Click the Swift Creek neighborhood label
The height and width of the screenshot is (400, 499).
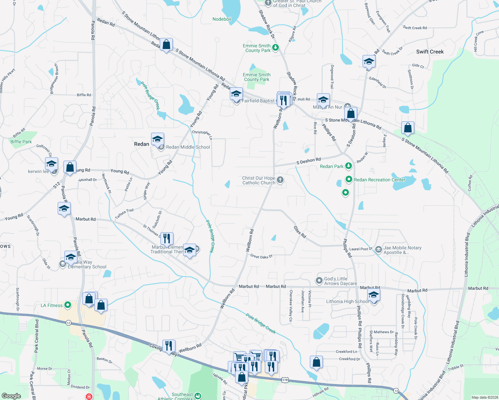(430, 52)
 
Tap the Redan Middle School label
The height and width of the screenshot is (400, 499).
(188, 147)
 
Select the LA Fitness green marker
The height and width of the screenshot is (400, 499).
(68, 305)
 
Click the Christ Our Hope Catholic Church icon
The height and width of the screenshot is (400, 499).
(280, 180)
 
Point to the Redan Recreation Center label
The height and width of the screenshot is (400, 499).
(379, 180)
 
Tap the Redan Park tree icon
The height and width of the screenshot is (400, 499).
(349, 166)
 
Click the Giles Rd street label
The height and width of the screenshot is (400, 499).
(300, 232)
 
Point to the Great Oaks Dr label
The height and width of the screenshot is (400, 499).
(262, 256)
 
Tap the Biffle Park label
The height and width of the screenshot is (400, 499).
(21, 142)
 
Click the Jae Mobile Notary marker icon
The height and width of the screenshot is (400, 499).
(378, 249)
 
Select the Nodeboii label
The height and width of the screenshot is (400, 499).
(222, 19)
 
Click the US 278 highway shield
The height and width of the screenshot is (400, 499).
(285, 380)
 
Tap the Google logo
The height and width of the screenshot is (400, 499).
(11, 396)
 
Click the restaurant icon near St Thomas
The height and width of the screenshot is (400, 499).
(167, 239)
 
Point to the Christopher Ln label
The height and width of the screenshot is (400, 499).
(202, 134)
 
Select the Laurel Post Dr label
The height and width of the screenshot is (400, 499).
(360, 249)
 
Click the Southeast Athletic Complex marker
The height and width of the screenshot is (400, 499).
(198, 396)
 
